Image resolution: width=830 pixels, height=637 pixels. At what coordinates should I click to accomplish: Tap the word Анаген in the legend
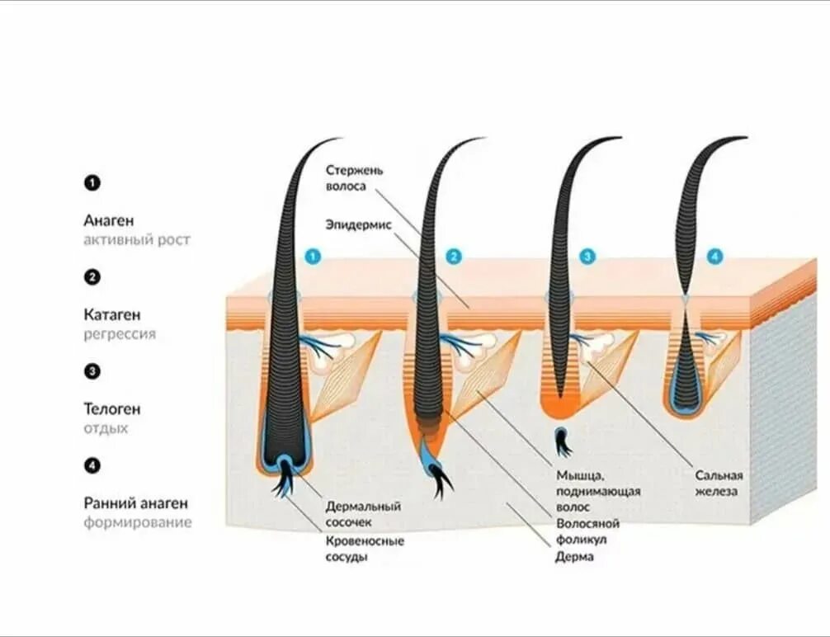108,220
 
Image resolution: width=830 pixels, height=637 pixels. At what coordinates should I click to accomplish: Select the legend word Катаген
112,314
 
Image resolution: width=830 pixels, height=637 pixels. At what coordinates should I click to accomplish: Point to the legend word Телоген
112,408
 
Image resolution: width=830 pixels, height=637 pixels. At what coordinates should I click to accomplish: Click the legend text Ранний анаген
136,503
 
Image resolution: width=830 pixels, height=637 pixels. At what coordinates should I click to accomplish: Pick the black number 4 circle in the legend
92,465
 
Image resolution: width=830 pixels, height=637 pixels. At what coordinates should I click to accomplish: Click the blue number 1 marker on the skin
312,257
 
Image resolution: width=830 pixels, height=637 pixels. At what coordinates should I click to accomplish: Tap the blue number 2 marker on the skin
453,257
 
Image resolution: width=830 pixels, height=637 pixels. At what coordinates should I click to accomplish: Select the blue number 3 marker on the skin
587,257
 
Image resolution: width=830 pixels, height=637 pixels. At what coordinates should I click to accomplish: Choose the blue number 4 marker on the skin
714,257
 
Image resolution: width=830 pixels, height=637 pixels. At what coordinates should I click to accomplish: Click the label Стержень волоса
354,178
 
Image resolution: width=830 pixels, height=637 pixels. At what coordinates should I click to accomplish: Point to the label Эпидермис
357,224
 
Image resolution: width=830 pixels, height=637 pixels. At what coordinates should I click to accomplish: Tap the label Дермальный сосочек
363,514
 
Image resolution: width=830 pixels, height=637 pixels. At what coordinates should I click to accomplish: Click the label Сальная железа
719,483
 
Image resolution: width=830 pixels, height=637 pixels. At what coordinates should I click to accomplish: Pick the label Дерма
574,557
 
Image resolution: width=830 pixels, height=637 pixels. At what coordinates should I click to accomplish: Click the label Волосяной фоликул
587,531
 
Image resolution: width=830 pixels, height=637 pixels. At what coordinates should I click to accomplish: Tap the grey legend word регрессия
120,334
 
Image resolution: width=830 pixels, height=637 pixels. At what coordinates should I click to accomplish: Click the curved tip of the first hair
334,139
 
